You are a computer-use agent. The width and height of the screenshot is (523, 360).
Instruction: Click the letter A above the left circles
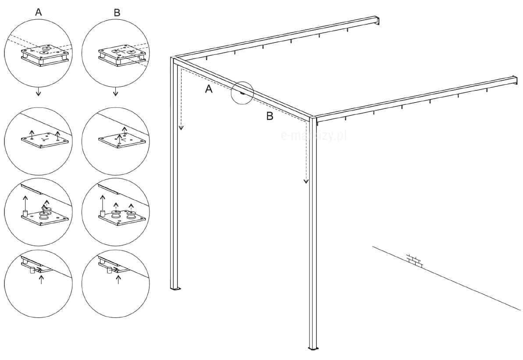[39, 13]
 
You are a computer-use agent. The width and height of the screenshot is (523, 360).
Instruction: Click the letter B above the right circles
[117, 13]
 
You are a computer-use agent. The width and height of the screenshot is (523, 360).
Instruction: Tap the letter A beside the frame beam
[209, 89]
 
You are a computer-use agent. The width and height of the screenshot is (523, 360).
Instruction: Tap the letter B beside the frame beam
[270, 116]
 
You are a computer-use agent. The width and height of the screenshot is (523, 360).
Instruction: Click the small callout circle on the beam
[242, 93]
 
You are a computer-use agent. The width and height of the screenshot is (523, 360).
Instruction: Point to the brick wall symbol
[414, 260]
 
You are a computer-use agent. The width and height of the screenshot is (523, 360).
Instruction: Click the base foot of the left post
[175, 289]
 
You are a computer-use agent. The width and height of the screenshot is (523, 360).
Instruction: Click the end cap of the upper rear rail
[377, 21]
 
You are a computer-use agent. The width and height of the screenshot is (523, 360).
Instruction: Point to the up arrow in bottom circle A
[42, 280]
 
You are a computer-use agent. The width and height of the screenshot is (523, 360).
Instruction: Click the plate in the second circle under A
[45, 140]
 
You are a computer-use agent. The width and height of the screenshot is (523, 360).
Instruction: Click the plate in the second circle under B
[122, 141]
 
